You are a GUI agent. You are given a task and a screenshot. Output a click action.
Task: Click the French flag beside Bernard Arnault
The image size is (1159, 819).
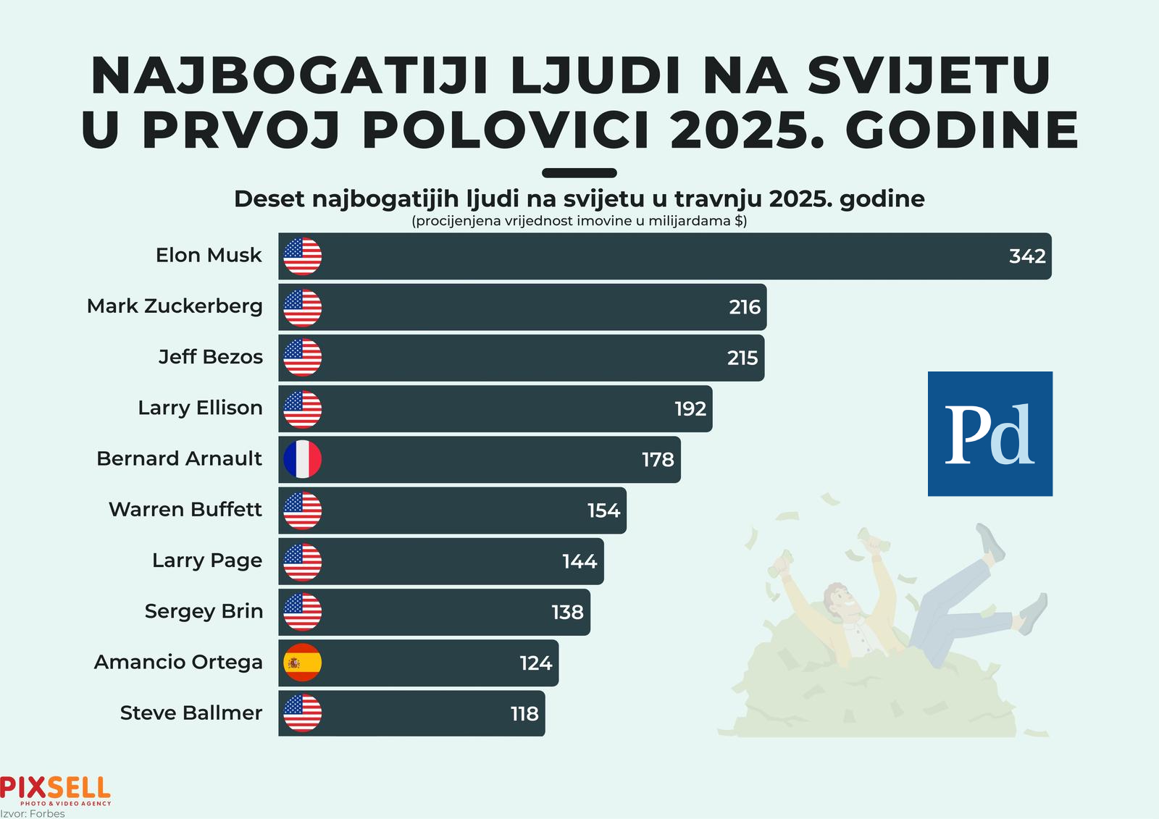point(302,459)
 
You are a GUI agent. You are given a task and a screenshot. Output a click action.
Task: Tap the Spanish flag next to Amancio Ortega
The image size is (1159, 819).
point(302,663)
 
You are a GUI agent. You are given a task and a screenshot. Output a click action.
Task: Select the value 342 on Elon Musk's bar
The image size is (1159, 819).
point(1027,256)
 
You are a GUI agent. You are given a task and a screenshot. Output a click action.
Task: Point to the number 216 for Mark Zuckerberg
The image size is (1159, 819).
point(745,307)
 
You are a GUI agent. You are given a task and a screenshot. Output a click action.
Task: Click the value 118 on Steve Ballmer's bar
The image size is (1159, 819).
point(524,714)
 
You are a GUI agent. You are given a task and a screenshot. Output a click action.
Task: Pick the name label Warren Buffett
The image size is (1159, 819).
point(185,510)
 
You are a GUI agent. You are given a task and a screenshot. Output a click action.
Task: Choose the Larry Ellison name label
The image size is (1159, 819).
point(200,408)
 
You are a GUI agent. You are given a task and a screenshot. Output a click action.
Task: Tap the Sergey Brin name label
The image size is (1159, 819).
point(204,611)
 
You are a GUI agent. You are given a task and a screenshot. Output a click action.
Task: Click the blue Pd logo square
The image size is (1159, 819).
point(989,434)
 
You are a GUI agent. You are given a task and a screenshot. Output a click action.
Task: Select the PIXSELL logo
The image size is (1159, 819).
point(56,789)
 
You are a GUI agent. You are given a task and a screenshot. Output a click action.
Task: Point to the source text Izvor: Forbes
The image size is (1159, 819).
point(33,814)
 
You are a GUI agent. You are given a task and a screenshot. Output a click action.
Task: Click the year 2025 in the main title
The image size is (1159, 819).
point(747,130)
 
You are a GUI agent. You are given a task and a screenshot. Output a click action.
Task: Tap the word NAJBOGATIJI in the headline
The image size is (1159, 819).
point(289,75)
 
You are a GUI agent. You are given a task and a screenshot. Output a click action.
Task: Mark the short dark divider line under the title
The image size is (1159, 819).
point(579,173)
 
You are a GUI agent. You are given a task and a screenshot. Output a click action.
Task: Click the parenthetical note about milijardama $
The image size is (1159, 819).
point(579,221)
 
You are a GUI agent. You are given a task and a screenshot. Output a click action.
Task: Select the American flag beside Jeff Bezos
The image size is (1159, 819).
point(302,358)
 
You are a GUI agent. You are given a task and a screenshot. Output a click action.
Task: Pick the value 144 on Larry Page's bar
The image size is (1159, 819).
point(579,561)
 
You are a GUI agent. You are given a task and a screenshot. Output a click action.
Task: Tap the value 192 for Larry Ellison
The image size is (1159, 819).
point(690,409)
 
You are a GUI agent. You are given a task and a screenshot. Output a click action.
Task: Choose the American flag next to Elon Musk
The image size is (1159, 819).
point(302,256)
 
